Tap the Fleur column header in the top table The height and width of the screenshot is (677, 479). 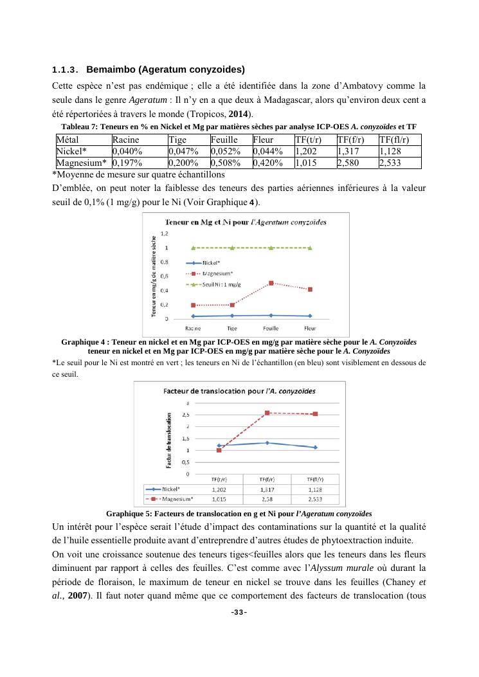[x=263, y=140]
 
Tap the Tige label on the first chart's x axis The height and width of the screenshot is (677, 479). [x=232, y=328]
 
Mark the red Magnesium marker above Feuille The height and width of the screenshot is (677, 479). [x=271, y=283]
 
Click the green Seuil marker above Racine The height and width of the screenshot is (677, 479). [x=193, y=248]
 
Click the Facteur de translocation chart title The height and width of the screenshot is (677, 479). [x=239, y=390]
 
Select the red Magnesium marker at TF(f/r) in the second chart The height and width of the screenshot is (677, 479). [x=267, y=413]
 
